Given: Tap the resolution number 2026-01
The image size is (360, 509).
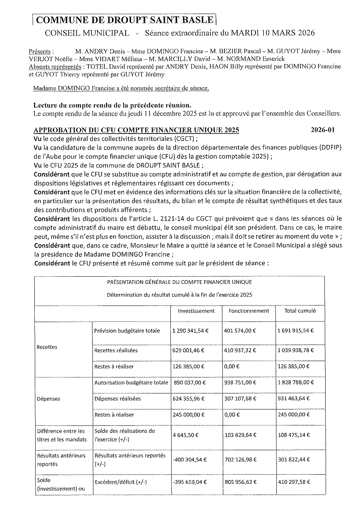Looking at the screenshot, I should tap(322, 130).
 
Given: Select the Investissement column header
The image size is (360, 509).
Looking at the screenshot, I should tap(196, 311).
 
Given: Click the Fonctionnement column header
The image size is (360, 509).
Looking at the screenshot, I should tap(249, 311).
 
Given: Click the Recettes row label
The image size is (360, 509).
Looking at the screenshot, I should tap(47, 347).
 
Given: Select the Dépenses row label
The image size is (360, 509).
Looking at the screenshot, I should tap(48, 399).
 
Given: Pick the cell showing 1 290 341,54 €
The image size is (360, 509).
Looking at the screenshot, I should tap(190, 331).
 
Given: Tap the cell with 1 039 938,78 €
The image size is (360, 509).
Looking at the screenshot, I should tap(296, 350).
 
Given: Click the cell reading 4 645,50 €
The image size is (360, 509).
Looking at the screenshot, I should tap(186, 435).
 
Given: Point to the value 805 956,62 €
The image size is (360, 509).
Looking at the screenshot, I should tap(243, 482).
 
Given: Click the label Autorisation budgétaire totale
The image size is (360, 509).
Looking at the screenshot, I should tap(131, 383).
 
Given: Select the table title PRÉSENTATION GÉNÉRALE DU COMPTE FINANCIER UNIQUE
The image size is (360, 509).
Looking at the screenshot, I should tap(179, 282).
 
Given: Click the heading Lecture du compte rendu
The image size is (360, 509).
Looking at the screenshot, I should tap(112, 105).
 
